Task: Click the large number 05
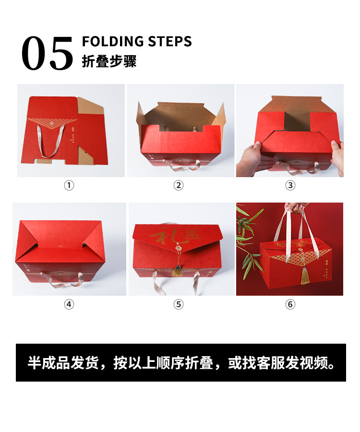click(47, 54)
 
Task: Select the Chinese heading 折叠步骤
click(109, 62)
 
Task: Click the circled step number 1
click(70, 185)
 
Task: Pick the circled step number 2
click(179, 185)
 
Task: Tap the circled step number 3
click(290, 185)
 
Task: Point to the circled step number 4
click(70, 304)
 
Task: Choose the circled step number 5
click(179, 304)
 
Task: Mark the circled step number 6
click(290, 304)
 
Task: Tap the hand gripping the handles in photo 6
click(296, 207)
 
